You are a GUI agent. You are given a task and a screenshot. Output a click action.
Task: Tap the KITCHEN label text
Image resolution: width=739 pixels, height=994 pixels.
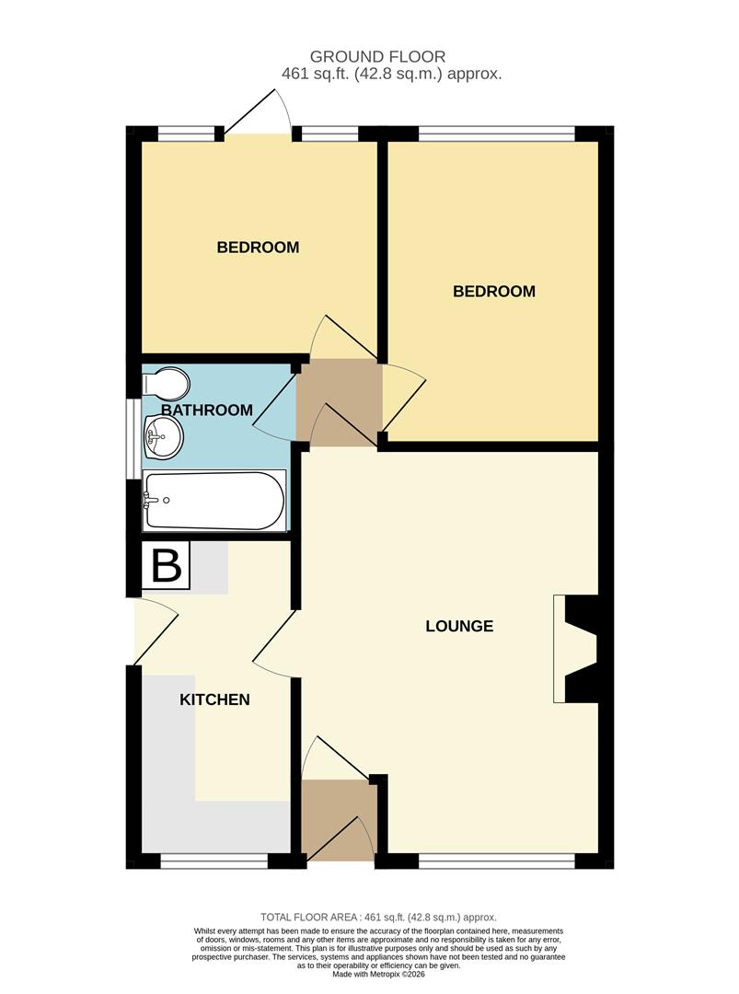pyautogui.click(x=214, y=700)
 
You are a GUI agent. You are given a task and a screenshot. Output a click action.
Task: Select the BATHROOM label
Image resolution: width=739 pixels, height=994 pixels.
pyautogui.click(x=207, y=410)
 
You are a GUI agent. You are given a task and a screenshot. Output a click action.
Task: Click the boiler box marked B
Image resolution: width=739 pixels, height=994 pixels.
pyautogui.click(x=166, y=566)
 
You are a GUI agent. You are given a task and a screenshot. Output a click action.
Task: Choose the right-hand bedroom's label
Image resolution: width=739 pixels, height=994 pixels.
pyautogui.click(x=494, y=292)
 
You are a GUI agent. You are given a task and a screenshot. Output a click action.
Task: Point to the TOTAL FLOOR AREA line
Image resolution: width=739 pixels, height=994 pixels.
pyautogui.click(x=378, y=918)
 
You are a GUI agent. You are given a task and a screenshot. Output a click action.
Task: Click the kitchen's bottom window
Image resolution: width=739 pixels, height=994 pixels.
pyautogui.click(x=214, y=861)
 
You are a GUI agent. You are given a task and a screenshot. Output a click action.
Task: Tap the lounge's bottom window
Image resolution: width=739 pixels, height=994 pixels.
pyautogui.click(x=497, y=861)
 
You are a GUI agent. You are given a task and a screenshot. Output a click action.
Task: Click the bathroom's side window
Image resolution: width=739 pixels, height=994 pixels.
pyautogui.click(x=134, y=439)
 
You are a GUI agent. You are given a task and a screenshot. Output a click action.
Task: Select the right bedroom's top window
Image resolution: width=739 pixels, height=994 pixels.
pyautogui.click(x=497, y=134)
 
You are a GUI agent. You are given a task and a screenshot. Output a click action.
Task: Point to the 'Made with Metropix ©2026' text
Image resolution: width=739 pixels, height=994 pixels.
pyautogui.click(x=377, y=975)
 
